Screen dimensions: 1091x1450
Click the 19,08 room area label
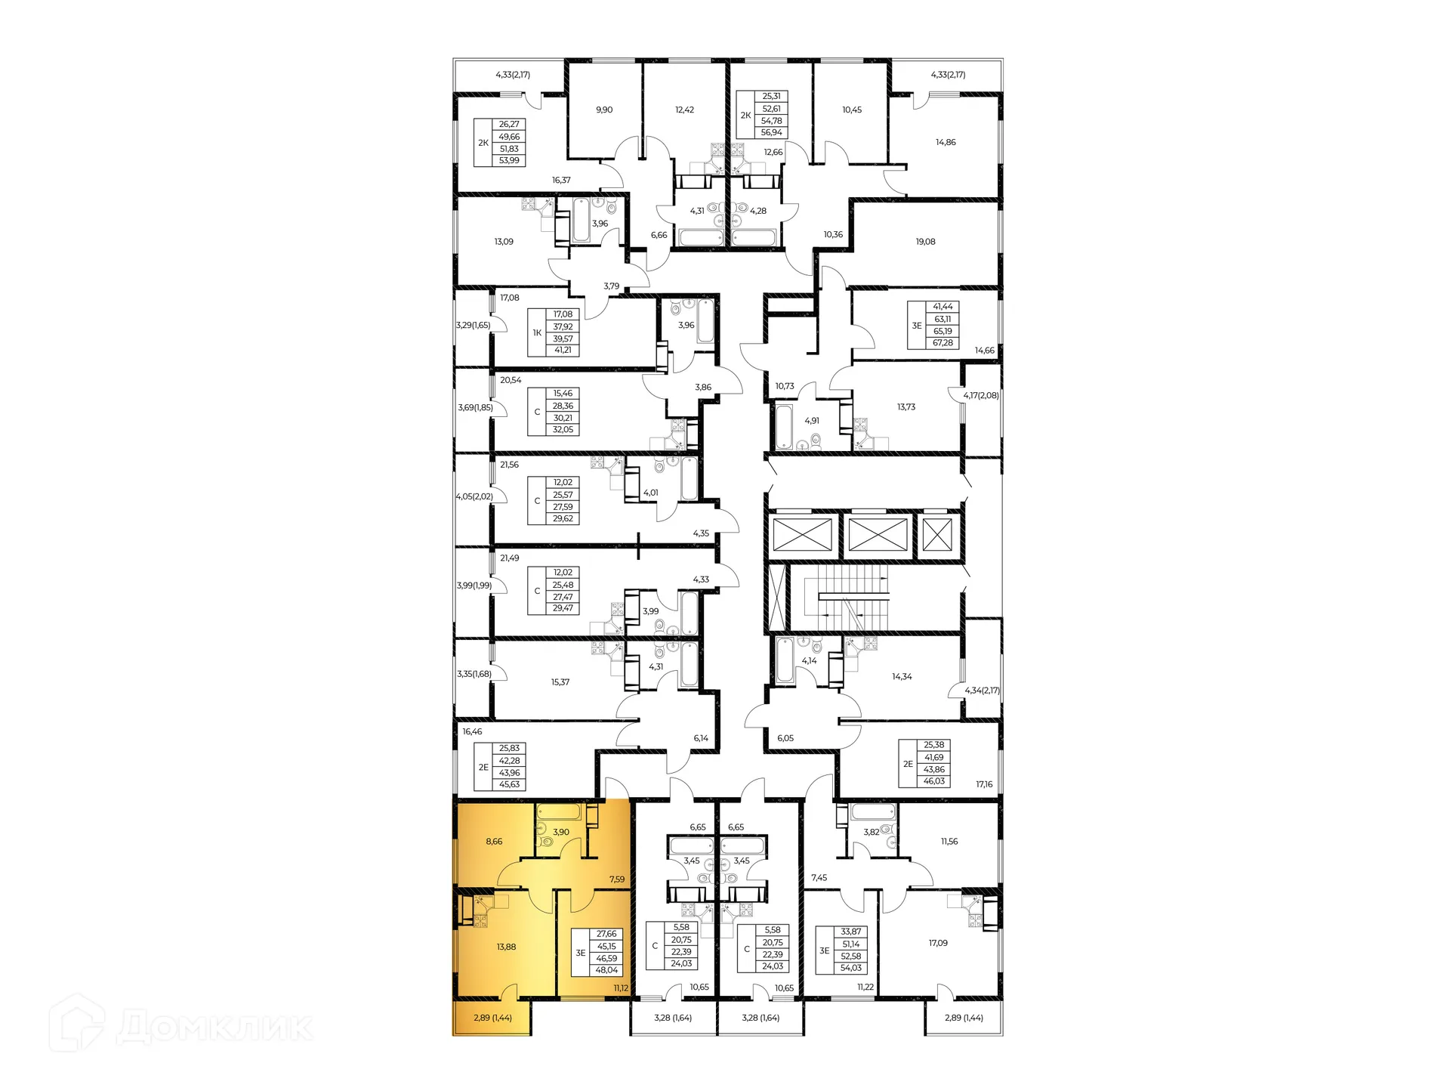click(925, 242)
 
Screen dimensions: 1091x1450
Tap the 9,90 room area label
click(604, 110)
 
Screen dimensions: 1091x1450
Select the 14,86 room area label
click(946, 142)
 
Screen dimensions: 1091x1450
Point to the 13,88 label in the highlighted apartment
click(506, 947)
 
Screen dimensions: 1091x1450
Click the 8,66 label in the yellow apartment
click(494, 841)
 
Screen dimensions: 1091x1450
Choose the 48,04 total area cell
click(606, 970)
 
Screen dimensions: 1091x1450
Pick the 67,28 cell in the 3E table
click(942, 343)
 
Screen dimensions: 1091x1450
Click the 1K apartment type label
click(537, 332)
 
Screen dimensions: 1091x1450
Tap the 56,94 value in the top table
click(772, 132)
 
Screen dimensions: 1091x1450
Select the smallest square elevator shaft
click(937, 535)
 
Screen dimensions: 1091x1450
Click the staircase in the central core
click(846, 598)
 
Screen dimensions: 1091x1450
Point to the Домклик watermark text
click(214, 1028)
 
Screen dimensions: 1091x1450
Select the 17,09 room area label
click(938, 943)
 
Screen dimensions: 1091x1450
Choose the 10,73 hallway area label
click(785, 386)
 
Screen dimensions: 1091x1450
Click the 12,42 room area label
click(684, 110)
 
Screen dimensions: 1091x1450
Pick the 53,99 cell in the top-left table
click(509, 161)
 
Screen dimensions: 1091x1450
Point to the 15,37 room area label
click(560, 682)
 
